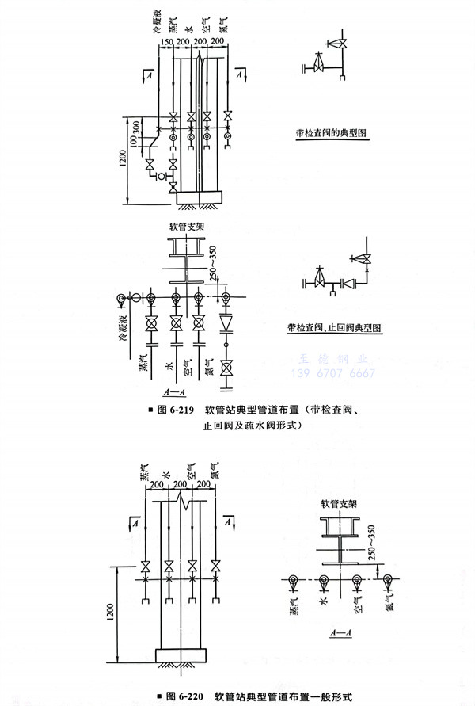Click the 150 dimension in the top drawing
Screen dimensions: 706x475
tap(166, 41)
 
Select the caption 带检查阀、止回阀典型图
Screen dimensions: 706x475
tap(334, 326)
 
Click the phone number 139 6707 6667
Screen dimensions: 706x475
tap(341, 373)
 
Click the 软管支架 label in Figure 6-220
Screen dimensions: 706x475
tap(339, 503)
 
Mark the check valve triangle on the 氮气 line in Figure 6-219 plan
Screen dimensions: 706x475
tap(226, 323)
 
